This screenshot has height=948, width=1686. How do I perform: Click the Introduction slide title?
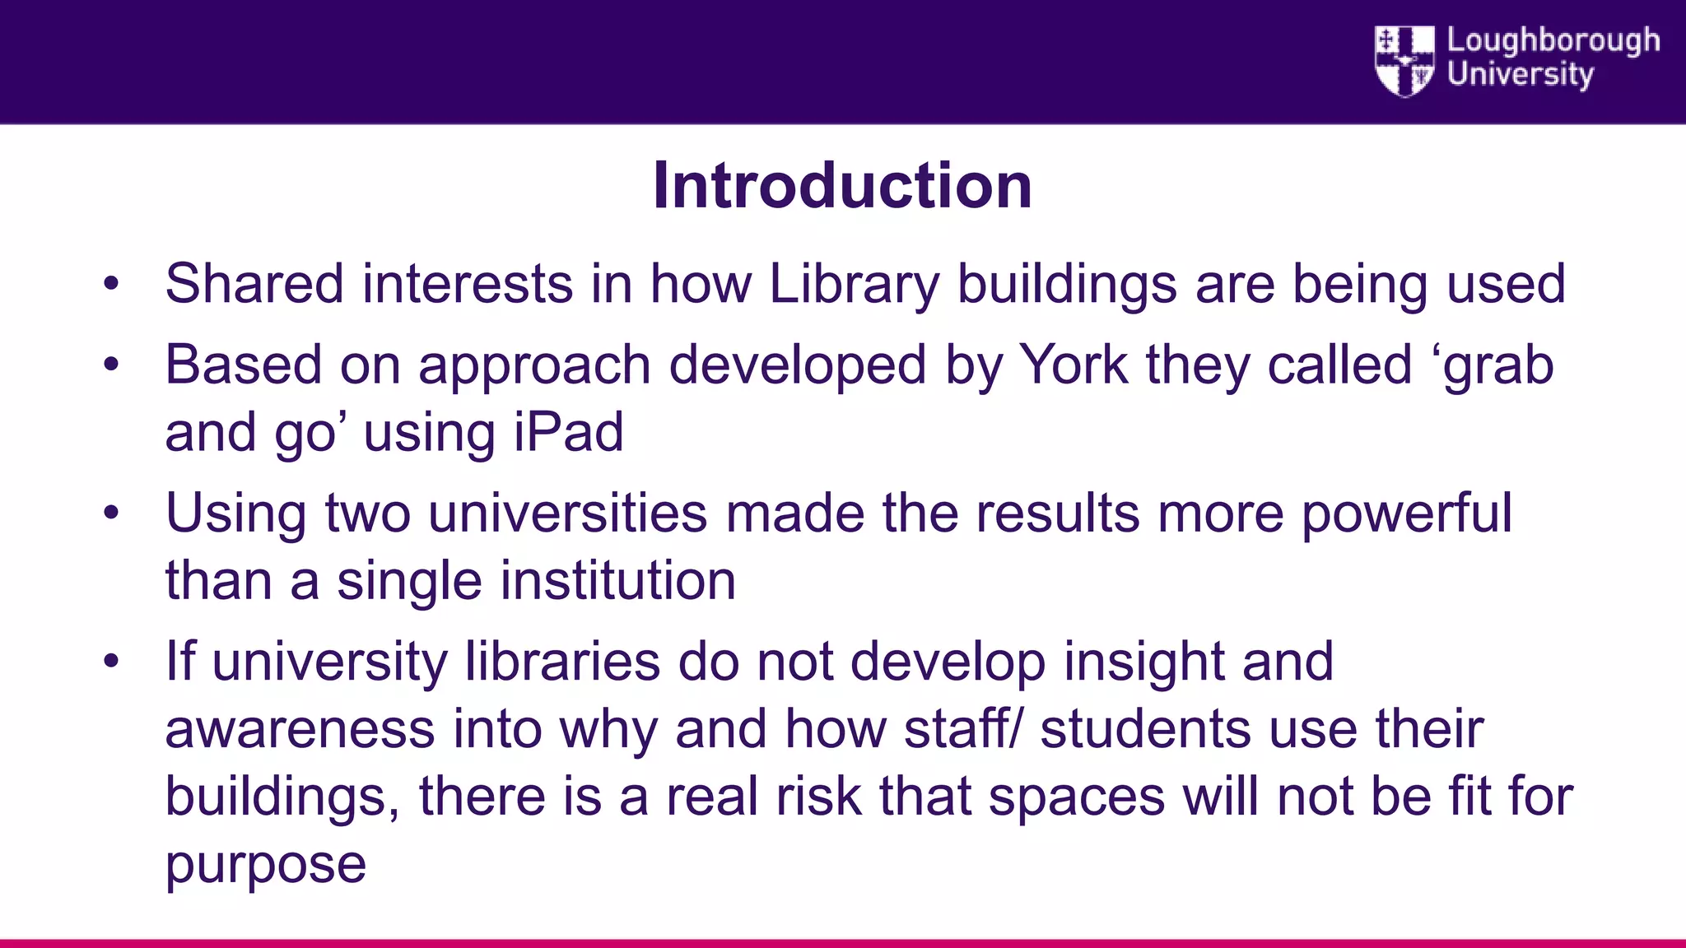(842, 186)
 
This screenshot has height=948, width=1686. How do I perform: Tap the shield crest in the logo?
(1404, 61)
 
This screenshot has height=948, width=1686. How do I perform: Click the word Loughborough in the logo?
(1553, 40)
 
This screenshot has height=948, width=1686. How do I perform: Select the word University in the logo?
(1520, 74)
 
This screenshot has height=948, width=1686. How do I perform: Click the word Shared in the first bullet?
(254, 284)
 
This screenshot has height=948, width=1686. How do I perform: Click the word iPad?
(568, 433)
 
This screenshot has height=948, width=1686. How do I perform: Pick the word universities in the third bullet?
(567, 513)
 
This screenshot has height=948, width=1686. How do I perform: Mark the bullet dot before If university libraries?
(112, 661)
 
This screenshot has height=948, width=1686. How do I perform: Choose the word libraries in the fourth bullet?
(562, 662)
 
